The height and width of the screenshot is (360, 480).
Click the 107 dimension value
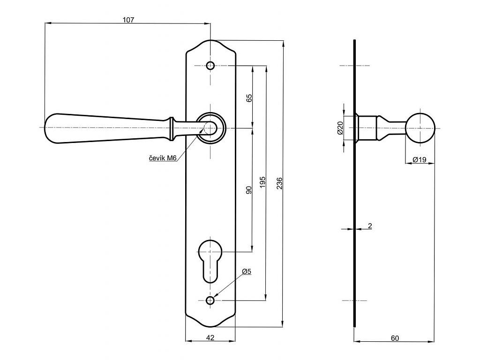[x=128, y=20]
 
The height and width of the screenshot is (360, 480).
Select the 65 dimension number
[x=249, y=98]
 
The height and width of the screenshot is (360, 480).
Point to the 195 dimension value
[x=262, y=182]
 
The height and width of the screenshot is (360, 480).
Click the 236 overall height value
[x=279, y=183]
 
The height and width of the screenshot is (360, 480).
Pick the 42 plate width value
[x=210, y=337]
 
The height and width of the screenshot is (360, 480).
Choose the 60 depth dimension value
[x=395, y=338]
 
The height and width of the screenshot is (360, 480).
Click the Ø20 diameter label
[x=340, y=127]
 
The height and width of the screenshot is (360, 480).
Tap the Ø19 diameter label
[x=420, y=159]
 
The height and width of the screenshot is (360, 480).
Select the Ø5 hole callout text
[x=247, y=271]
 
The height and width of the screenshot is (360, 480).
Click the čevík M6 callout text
[x=163, y=158]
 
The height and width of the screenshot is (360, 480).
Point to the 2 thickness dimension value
[x=370, y=226]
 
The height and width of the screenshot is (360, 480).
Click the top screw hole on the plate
[x=210, y=66]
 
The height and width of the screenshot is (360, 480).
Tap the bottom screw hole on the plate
[x=210, y=300]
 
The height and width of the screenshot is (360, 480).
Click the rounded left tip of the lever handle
[x=46, y=128]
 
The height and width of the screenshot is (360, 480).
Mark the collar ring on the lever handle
[x=172, y=128]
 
